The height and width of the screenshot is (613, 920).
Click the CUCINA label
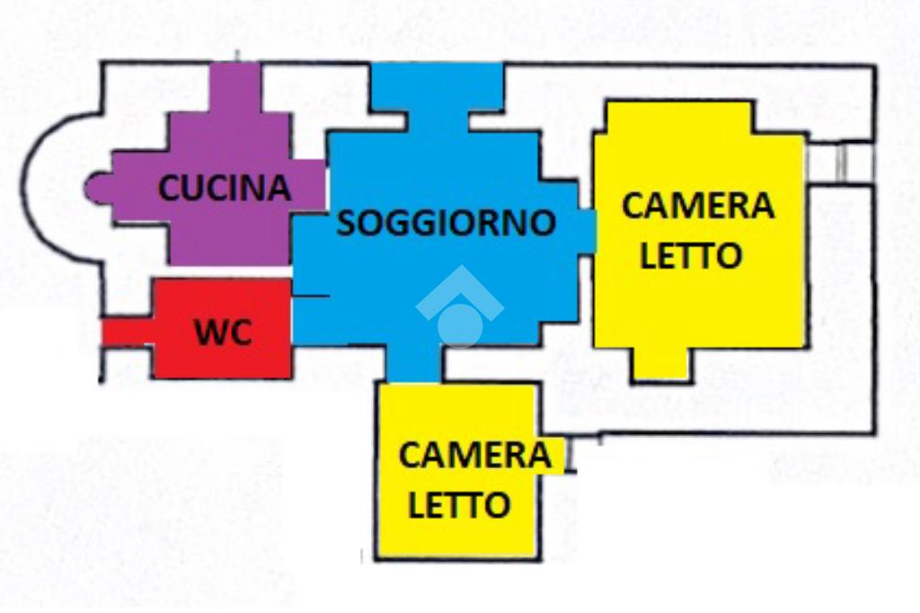coord(225,188)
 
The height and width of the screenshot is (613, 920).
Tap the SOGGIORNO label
coord(447,222)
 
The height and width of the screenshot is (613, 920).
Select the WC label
coord(224,333)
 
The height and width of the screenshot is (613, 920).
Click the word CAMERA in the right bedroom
coord(697,206)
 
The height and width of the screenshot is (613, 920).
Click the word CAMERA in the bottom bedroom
coord(474,455)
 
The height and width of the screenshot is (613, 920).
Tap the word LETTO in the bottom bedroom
coord(459,504)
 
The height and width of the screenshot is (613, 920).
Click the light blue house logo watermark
coord(459,308)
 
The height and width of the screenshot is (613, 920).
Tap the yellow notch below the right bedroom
coord(660,364)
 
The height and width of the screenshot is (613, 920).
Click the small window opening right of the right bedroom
coord(840,163)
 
